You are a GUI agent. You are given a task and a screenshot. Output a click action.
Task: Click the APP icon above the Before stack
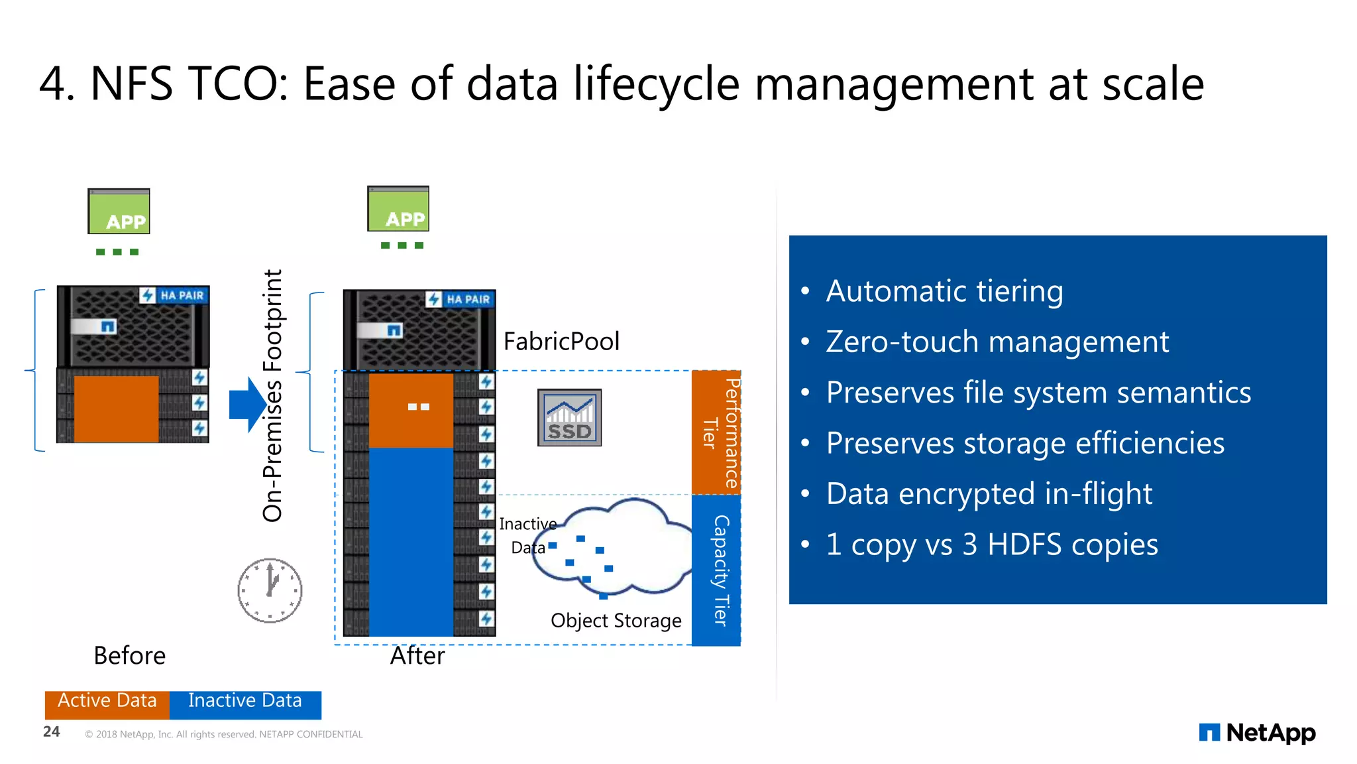(119, 212)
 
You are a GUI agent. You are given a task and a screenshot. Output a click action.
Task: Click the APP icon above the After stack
(398, 209)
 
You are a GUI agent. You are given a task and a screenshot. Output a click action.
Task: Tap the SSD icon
(569, 418)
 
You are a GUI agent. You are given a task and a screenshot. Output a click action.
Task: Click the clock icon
(270, 590)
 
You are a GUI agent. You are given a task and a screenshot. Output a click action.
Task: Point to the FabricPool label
(561, 342)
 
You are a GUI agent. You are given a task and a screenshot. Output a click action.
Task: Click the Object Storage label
(616, 621)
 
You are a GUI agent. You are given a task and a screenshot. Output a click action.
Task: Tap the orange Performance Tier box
(716, 432)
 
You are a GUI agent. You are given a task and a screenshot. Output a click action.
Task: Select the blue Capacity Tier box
(716, 570)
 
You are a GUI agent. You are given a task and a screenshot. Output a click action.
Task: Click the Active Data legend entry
(107, 702)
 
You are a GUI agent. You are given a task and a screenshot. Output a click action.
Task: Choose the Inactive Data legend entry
(245, 702)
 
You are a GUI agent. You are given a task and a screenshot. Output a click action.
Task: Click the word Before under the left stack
(130, 656)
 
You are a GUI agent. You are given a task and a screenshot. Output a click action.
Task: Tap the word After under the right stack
(417, 656)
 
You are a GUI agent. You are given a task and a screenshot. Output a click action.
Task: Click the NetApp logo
(1257, 733)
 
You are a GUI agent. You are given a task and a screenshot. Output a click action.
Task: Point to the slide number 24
(52, 732)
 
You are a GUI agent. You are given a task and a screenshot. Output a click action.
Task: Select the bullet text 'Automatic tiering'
(944, 291)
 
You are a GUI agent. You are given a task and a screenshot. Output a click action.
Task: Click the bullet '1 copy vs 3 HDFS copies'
(992, 544)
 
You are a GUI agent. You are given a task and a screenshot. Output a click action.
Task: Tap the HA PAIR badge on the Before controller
(174, 295)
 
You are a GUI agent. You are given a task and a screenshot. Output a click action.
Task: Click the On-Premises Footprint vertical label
(273, 395)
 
